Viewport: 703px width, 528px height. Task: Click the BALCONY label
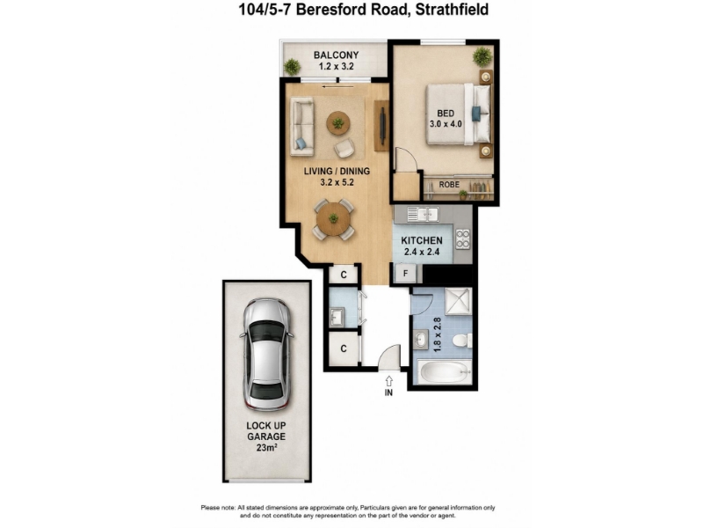337,55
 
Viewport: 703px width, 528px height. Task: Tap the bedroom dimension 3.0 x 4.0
446,124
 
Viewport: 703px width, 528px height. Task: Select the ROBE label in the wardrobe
449,185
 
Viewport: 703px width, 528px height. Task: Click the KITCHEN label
422,240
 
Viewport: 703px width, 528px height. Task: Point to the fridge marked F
406,273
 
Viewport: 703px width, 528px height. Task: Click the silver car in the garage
266,355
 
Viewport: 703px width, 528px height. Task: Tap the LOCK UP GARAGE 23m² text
266,436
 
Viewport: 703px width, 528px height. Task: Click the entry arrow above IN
388,380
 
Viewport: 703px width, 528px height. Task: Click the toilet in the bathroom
462,340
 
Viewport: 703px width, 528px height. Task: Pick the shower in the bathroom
458,302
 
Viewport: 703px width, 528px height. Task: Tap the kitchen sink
424,214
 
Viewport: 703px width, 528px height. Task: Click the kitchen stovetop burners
463,239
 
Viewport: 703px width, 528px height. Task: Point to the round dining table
334,219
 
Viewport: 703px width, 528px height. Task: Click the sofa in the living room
302,127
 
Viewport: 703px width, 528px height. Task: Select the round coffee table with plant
338,122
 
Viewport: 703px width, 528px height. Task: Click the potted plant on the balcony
292,67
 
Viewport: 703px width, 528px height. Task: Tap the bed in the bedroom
458,114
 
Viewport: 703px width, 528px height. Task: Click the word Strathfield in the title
452,9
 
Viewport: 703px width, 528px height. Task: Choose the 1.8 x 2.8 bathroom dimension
438,334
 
